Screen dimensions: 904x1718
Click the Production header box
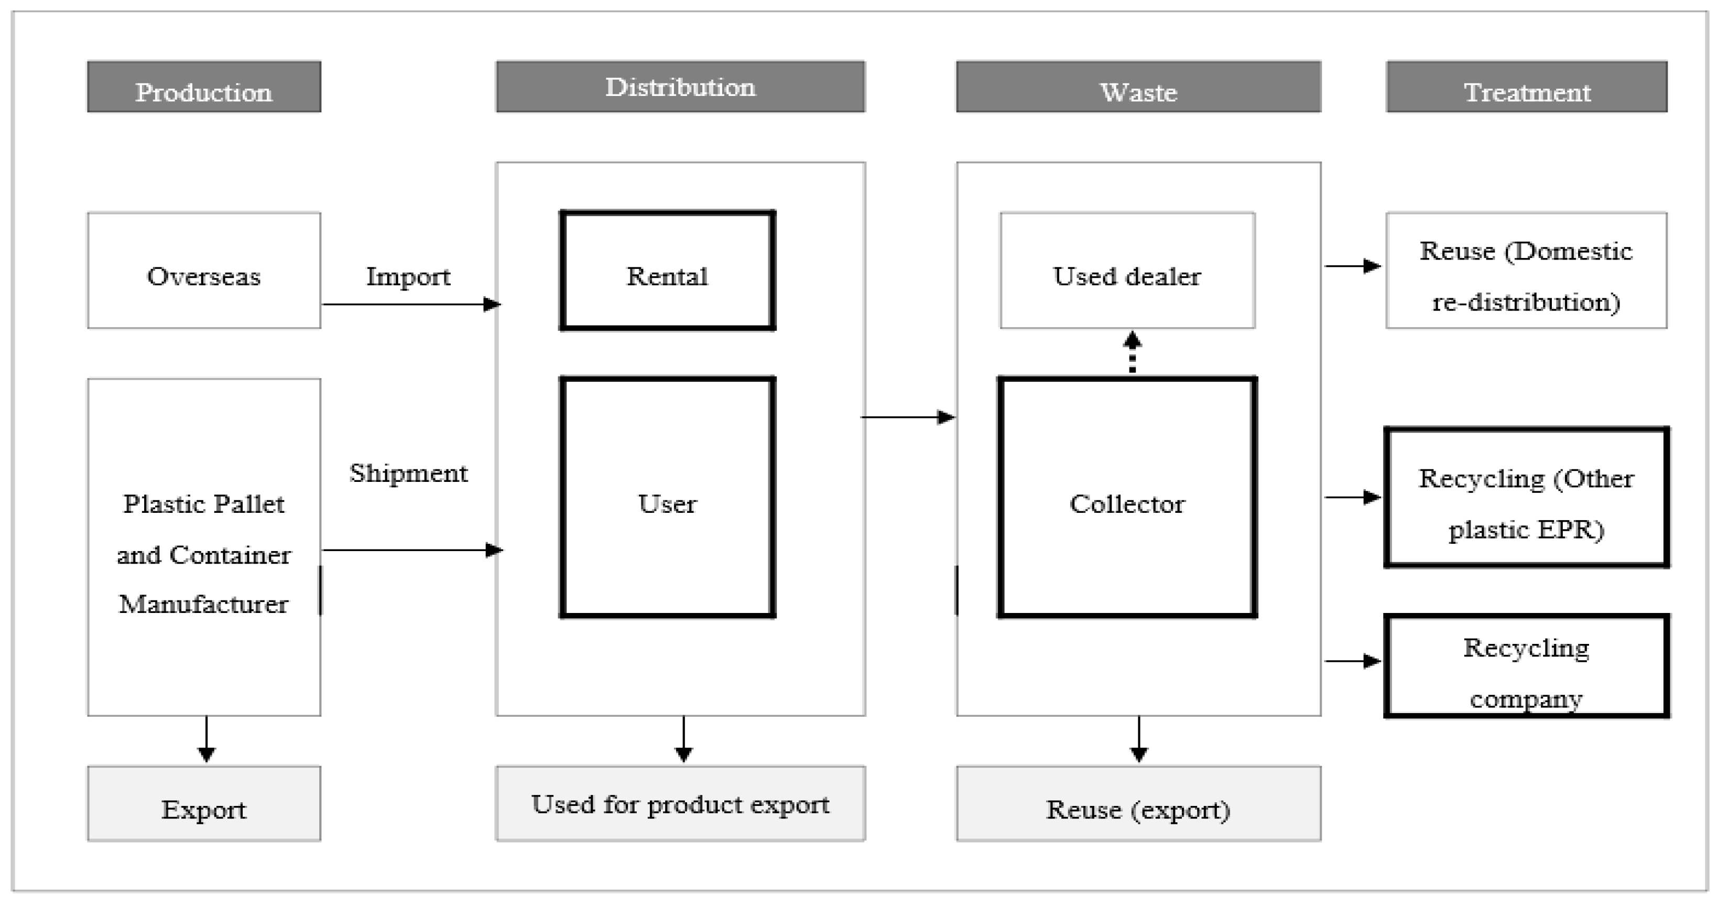coord(203,87)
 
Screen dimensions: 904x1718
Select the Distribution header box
coord(680,87)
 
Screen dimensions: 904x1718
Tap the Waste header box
coord(1138,87)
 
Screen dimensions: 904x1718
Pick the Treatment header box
coord(1526,87)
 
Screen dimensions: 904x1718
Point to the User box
coord(667,497)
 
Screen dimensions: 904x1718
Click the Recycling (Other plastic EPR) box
coord(1526,498)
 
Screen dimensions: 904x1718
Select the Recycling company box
coord(1526,666)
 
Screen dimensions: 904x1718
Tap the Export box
coord(203,803)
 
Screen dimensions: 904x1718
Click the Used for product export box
coord(680,803)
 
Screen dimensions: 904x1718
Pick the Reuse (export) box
coord(1138,803)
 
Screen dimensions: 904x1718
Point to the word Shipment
coord(408,473)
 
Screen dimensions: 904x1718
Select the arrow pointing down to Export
coord(206,739)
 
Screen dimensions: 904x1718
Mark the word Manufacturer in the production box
coord(203,604)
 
